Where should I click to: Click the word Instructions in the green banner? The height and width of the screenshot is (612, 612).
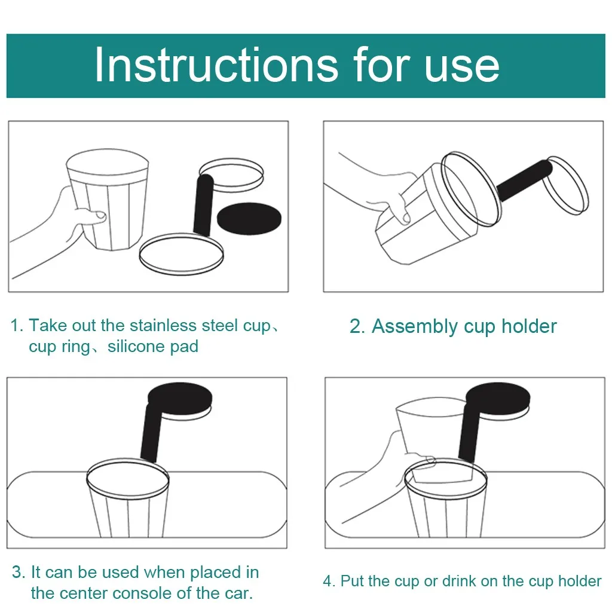coord(216,65)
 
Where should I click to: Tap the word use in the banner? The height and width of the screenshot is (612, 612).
coord(462,68)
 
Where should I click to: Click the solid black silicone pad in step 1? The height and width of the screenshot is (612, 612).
coord(249,219)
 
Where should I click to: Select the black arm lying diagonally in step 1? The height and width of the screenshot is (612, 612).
coord(203,206)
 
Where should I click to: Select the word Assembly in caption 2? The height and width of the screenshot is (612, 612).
coord(414,327)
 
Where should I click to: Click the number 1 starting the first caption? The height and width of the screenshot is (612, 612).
coord(15,326)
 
